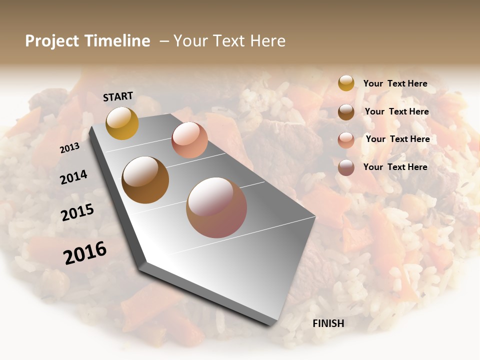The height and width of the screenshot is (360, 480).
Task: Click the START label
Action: [x=118, y=96]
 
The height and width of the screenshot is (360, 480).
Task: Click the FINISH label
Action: [x=328, y=323]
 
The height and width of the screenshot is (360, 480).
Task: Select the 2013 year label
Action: [x=69, y=147]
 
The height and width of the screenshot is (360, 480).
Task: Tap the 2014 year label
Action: [x=73, y=177]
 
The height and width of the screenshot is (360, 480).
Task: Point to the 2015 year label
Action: [x=77, y=212]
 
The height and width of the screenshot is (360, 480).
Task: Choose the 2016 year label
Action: [x=85, y=253]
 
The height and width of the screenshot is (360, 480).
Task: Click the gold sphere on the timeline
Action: [x=122, y=123]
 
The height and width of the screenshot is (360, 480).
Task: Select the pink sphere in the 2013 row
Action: [x=189, y=140]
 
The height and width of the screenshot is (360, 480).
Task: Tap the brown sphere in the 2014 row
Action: [x=145, y=180]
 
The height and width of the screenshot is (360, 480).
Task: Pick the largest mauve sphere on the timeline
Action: [x=216, y=207]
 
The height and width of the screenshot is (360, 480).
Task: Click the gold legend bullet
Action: [x=346, y=83]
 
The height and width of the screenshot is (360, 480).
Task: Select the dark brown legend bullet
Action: [x=346, y=112]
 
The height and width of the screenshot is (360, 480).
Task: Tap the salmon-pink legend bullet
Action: [x=346, y=139]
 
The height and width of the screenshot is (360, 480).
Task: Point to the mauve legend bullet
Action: [x=346, y=167]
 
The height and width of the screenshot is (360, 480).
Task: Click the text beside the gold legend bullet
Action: [x=395, y=83]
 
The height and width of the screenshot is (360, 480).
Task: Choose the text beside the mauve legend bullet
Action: [x=395, y=167]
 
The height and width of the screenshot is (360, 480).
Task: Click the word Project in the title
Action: [x=51, y=41]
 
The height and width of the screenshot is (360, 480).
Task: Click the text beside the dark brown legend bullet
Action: [x=396, y=111]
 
